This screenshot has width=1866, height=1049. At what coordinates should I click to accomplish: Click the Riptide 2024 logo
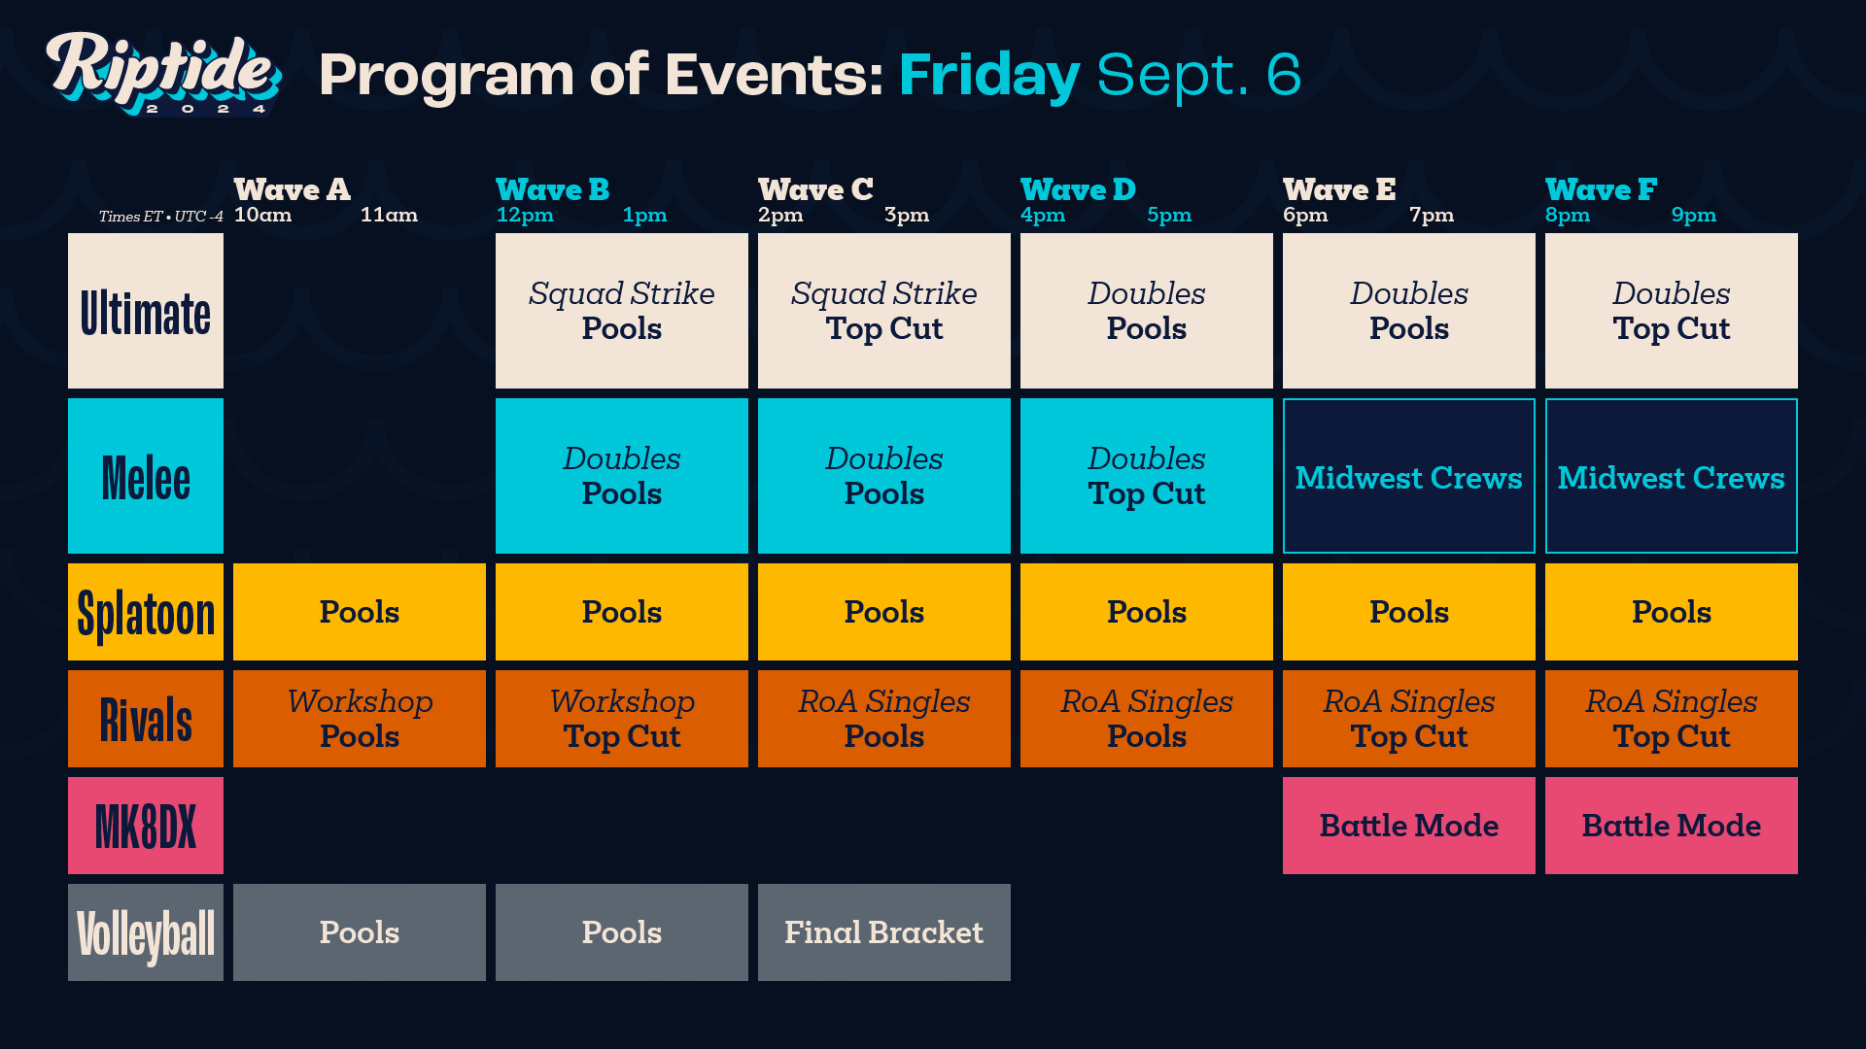pos(163,73)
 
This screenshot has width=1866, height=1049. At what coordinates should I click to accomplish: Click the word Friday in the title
pos(988,75)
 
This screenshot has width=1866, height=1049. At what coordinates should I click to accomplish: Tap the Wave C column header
pos(815,189)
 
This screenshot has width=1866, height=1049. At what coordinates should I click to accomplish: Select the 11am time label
pos(389,215)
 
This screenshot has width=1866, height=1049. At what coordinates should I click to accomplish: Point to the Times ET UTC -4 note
pos(160,217)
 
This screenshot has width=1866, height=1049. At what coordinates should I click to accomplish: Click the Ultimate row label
pos(146,311)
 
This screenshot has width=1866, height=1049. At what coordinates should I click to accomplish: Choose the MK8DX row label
pos(146,826)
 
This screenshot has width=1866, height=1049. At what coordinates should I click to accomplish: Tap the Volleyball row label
pos(146,932)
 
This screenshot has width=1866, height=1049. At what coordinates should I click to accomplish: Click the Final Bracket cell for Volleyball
pos(883,932)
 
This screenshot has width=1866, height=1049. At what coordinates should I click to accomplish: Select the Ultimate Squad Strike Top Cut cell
pos(883,311)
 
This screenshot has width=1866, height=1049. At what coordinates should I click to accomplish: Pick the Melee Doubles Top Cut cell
pos(1146,476)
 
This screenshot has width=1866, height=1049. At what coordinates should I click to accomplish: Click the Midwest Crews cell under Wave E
pos(1408,476)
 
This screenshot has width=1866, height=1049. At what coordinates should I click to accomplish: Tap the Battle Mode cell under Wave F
pos(1671,826)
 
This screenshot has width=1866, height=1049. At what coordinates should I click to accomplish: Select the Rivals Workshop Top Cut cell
pos(621,719)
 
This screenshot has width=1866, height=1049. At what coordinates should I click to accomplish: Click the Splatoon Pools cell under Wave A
pos(359,612)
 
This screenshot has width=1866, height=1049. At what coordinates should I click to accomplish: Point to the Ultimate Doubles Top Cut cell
pos(1671,311)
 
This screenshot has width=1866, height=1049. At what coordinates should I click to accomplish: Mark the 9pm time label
pos(1693,215)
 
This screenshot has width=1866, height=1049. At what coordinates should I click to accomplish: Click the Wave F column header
pos(1601,189)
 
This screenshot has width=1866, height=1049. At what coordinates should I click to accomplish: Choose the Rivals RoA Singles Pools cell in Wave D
pos(1146,719)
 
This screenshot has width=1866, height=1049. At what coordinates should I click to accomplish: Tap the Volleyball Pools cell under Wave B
pos(621,932)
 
